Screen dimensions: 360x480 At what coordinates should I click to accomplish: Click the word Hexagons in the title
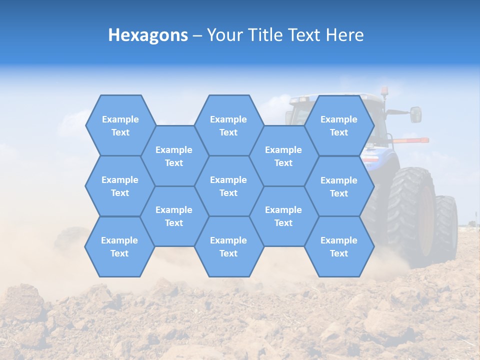click(x=148, y=35)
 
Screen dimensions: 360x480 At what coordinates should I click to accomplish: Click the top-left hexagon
click(x=120, y=125)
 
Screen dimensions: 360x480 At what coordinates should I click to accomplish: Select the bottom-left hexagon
click(x=119, y=246)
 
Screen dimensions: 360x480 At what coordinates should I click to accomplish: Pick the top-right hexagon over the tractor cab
click(x=339, y=125)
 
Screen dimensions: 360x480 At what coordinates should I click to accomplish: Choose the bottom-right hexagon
click(x=339, y=246)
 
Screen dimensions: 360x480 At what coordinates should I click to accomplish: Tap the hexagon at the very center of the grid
click(x=228, y=186)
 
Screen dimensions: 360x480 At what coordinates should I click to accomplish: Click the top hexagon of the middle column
click(x=228, y=125)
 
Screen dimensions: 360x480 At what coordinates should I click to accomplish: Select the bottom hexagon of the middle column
click(x=228, y=246)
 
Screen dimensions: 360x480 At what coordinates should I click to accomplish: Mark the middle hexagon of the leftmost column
click(x=120, y=186)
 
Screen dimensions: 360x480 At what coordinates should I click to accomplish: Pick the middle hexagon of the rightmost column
click(x=339, y=186)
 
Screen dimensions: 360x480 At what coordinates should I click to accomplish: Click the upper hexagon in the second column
click(x=174, y=156)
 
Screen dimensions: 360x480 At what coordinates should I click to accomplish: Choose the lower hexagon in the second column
click(x=174, y=216)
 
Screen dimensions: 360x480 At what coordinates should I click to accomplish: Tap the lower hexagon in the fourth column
click(x=283, y=216)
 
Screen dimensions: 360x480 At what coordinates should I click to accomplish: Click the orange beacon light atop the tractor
click(x=384, y=91)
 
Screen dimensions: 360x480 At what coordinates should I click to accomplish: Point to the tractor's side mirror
click(x=415, y=114)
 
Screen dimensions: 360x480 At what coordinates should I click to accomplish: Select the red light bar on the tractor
click(x=411, y=140)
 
